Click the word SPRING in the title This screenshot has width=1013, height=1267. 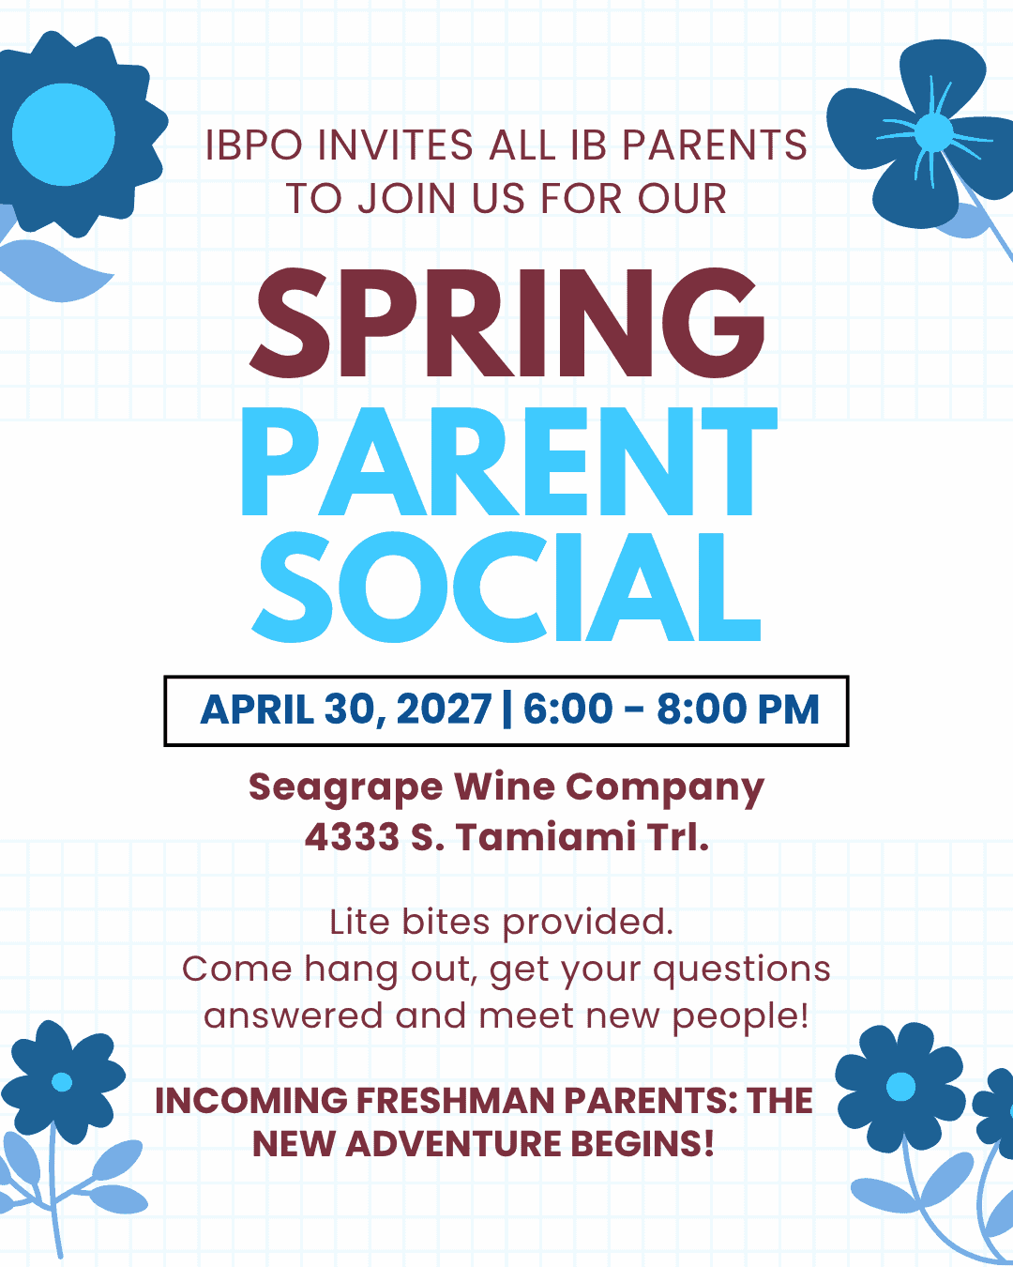point(506,324)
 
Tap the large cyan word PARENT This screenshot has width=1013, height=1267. point(508,462)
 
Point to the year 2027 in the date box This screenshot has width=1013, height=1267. point(444,710)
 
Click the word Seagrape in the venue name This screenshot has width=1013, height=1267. point(345,788)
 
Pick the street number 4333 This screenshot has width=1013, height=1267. point(352,836)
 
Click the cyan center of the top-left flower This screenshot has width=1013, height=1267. point(63,134)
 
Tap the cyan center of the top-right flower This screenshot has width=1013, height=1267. point(933,132)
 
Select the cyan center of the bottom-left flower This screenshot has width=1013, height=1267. point(62,1082)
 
